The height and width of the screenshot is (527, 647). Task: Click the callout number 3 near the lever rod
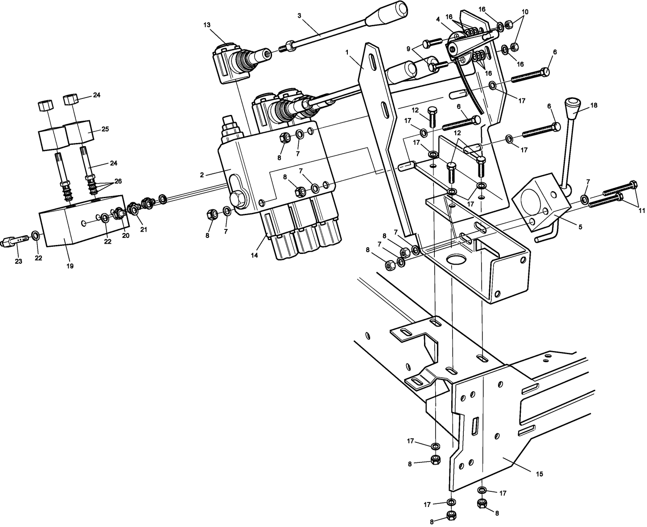[299, 16]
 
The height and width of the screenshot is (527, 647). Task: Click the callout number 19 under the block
[70, 266]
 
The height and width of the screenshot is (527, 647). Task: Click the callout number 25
[105, 129]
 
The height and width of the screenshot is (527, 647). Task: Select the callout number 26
[118, 181]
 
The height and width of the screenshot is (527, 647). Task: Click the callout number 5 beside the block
[580, 227]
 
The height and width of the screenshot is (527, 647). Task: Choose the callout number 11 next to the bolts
[641, 210]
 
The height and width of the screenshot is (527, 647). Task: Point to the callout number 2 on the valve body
[202, 175]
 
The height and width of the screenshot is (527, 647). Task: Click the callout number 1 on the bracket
[346, 52]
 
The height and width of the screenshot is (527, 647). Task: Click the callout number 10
[525, 12]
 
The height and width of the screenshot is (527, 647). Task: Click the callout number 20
[126, 236]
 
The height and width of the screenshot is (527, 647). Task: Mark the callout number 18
[593, 106]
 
